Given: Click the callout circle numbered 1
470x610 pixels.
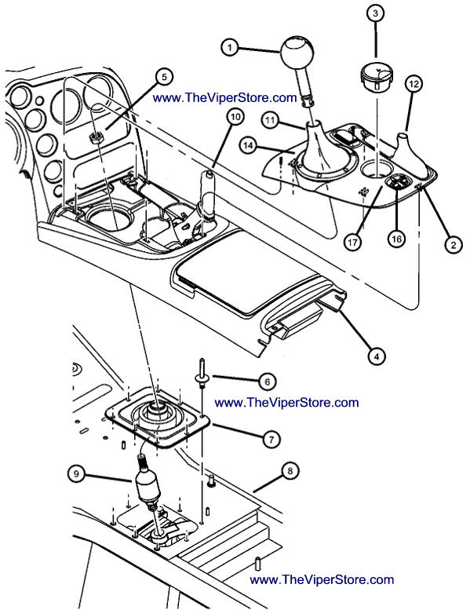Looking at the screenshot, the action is (230, 47).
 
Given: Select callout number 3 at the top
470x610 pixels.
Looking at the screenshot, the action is (375, 13).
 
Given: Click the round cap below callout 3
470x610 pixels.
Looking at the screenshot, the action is (377, 79).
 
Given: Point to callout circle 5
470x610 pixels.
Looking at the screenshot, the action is (164, 77).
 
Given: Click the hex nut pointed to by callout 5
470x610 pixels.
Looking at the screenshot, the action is (95, 137).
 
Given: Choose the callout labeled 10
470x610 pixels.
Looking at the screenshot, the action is (235, 116).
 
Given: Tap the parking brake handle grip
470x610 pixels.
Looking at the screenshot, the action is (207, 192).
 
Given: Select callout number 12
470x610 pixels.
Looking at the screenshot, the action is (414, 84).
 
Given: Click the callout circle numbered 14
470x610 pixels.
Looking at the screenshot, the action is (249, 145).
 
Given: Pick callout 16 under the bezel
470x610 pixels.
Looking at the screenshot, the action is (396, 239).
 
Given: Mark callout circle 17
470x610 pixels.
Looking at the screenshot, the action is (352, 243).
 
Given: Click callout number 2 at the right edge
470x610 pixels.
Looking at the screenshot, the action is (454, 245).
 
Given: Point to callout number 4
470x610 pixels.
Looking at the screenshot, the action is (377, 356).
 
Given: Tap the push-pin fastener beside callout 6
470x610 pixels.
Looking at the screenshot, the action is (202, 373).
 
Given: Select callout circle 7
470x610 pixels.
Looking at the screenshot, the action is (271, 439).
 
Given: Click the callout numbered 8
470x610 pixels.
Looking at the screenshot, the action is (290, 472).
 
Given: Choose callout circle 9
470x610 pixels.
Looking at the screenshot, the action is (77, 473).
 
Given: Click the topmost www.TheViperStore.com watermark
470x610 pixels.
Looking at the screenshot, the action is (224, 97).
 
